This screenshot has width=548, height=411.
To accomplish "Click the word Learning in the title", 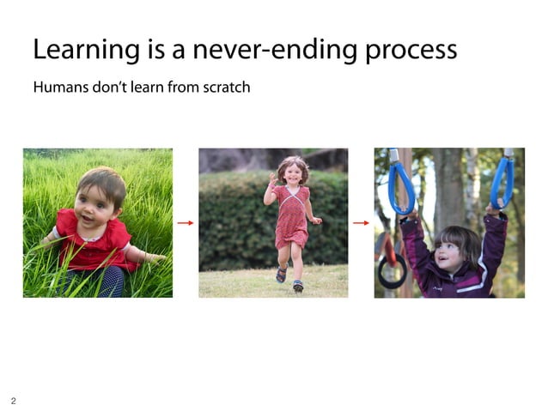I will [x=79, y=50].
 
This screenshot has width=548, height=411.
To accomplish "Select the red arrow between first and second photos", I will [x=185, y=223].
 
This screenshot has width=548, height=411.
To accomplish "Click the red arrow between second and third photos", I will [x=361, y=223].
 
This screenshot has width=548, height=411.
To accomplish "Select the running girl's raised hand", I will [x=272, y=182].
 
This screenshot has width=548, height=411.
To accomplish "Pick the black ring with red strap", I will [x=392, y=269].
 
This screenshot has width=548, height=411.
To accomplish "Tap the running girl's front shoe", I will [x=297, y=286].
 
